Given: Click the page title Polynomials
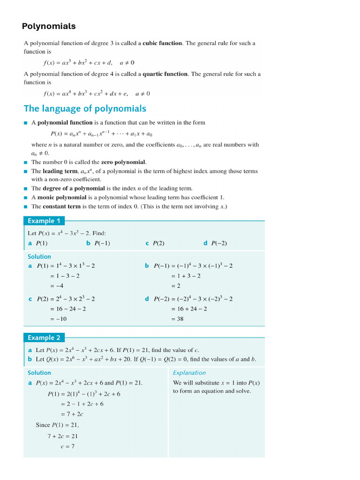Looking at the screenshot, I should (49, 26).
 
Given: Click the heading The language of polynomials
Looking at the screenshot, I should (85, 109).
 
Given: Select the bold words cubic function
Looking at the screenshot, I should (162, 43).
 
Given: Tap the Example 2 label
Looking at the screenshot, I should (44, 337).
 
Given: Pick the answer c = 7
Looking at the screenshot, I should (67, 446).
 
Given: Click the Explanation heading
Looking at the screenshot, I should (189, 373).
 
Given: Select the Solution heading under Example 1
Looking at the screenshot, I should (39, 256).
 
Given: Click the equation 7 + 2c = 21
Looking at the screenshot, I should (62, 436).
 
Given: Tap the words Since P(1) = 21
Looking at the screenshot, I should (58, 425).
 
